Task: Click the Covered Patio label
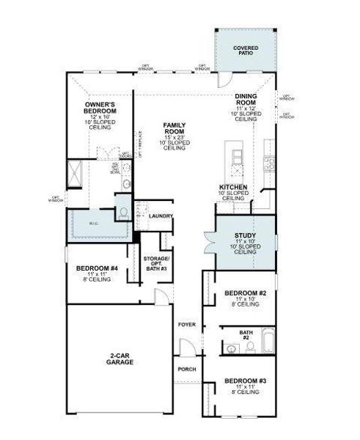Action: click(246, 51)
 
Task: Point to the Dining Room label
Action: click(246, 100)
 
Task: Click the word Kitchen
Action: click(233, 188)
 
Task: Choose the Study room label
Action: click(245, 236)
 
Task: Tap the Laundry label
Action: click(160, 216)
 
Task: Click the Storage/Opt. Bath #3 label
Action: click(155, 263)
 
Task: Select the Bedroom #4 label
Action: click(97, 269)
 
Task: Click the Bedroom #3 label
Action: click(245, 382)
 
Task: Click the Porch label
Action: click(187, 369)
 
